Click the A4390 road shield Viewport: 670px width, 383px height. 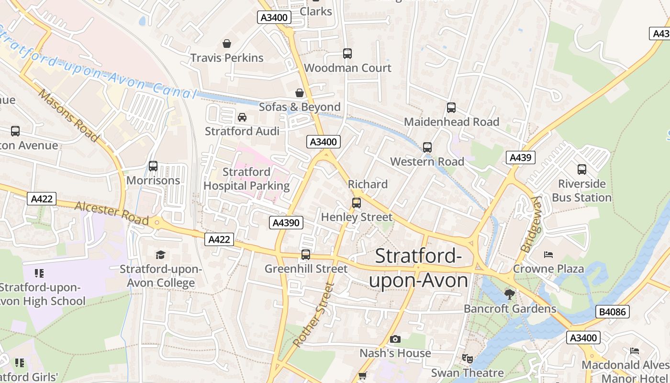point(286,223)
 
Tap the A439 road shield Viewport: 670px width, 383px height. point(520,158)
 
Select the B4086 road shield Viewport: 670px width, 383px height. point(613,312)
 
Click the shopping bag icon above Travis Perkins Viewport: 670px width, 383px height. point(227,44)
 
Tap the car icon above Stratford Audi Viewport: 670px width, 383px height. point(242,117)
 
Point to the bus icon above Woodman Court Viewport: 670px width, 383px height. point(347,54)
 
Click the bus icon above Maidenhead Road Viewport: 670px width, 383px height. point(451,108)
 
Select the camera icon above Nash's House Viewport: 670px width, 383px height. point(395,339)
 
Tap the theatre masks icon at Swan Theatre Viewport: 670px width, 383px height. point(467,358)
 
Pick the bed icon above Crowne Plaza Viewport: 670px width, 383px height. point(548,254)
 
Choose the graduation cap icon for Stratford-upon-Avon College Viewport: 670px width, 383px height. point(160,255)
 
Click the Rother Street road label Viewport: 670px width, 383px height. point(313,315)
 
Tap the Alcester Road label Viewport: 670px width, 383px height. point(112,212)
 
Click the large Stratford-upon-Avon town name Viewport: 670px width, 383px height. point(418,268)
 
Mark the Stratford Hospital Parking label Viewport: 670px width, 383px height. point(247,179)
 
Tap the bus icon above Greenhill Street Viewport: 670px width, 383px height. point(306,255)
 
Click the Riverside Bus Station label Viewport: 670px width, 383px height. point(582,191)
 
